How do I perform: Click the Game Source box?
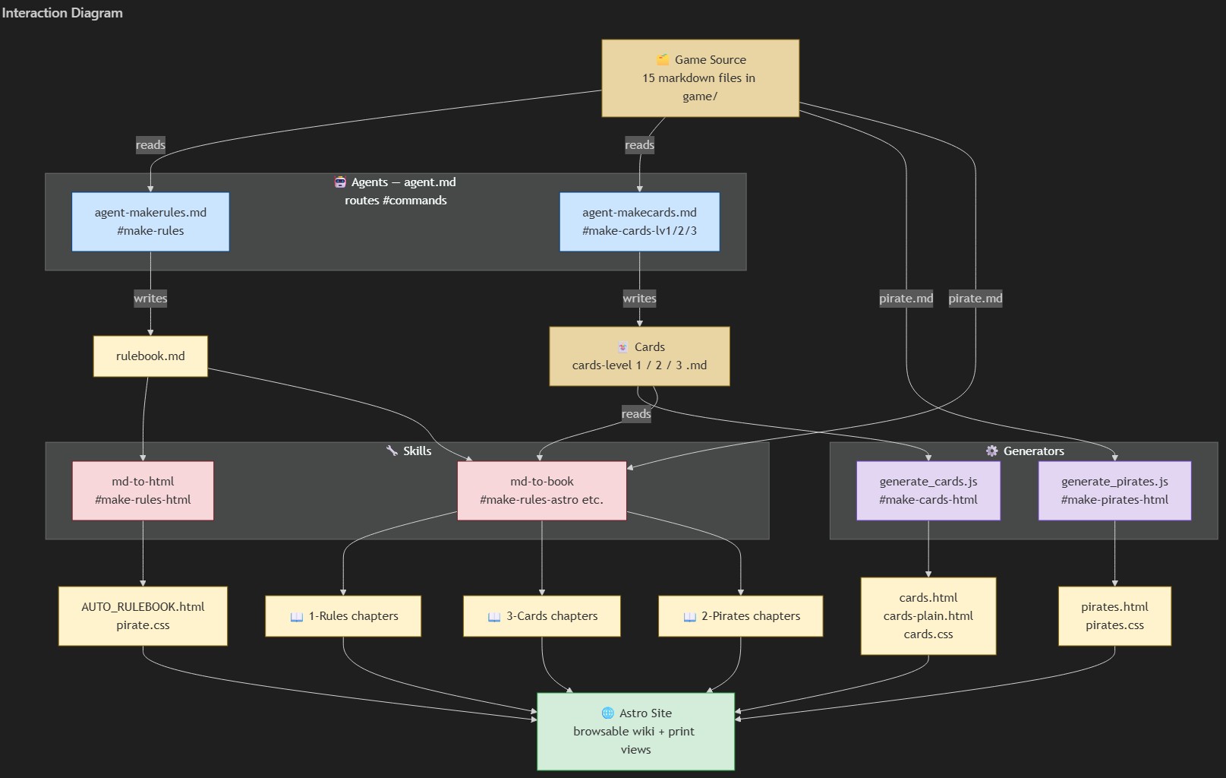[700, 78]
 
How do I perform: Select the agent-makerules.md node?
[150, 221]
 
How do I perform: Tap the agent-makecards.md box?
[639, 221]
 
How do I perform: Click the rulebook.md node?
[150, 356]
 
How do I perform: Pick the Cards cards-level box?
[639, 356]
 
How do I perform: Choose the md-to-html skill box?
[143, 490]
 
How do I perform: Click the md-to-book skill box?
[541, 490]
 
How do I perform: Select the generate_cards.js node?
[928, 490]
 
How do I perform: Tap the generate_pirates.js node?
[1114, 490]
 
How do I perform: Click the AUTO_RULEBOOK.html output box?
[143, 615]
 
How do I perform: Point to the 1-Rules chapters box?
[343, 615]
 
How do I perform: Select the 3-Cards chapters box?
[541, 615]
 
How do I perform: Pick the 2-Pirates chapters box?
[740, 615]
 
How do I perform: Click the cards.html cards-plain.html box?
[928, 615]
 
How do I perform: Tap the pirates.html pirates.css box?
[1114, 615]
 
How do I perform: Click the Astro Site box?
[635, 731]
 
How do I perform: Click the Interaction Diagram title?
[62, 13]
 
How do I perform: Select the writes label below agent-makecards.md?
[639, 299]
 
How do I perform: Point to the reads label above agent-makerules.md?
[150, 145]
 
